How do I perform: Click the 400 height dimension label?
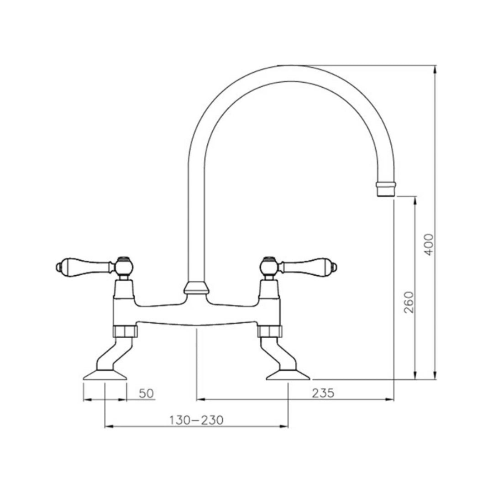[x=430, y=245]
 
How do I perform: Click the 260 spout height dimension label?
[x=409, y=301]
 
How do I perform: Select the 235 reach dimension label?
[x=323, y=393]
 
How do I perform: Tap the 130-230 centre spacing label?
[x=196, y=420]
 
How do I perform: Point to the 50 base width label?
[x=146, y=393]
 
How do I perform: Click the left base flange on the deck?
[x=105, y=375]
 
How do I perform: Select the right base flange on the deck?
[x=288, y=375]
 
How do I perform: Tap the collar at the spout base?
[x=197, y=288]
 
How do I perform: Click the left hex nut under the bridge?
[x=124, y=331]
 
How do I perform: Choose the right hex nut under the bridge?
[x=270, y=331]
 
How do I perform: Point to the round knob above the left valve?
[x=123, y=265]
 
